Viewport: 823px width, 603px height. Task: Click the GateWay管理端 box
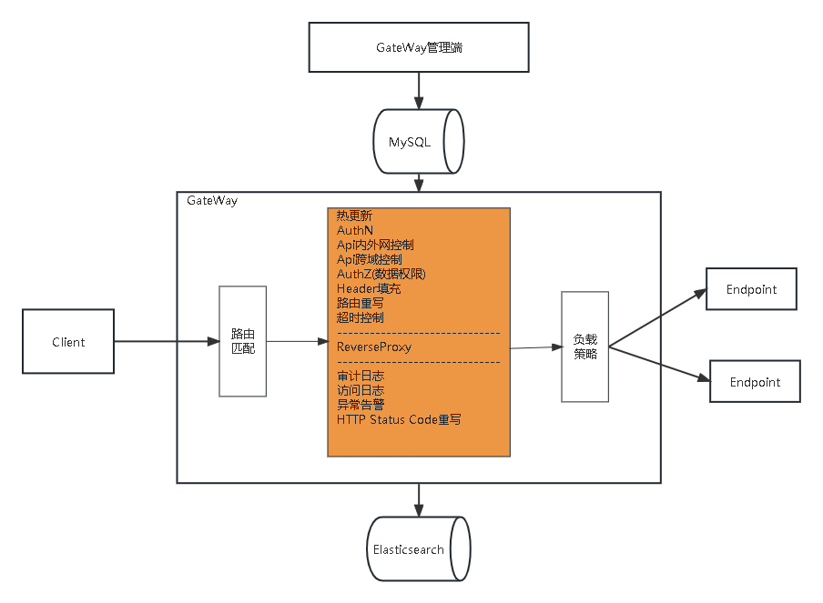point(419,47)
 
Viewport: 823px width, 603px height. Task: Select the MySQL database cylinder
point(419,142)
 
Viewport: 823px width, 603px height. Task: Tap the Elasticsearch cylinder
point(419,549)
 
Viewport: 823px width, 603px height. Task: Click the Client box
point(68,342)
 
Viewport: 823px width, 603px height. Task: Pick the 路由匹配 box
point(242,341)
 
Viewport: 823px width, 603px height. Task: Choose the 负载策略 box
point(584,347)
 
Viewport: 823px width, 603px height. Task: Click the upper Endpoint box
point(752,289)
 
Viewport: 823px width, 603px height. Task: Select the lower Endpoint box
point(755,382)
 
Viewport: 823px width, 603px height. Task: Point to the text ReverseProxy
point(373,347)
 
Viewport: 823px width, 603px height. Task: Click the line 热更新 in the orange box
point(354,216)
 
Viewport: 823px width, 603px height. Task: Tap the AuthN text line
point(355,230)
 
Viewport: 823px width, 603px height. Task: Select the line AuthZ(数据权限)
point(381,274)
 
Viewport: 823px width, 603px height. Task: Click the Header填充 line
point(368,288)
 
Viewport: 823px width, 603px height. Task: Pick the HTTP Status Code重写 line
point(399,419)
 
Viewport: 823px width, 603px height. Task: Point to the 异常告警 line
point(360,405)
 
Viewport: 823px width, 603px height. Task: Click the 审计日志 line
point(360,376)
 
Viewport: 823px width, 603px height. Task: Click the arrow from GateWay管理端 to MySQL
point(419,90)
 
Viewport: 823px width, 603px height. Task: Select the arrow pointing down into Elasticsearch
point(419,498)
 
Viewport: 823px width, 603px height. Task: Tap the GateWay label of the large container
point(212,200)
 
